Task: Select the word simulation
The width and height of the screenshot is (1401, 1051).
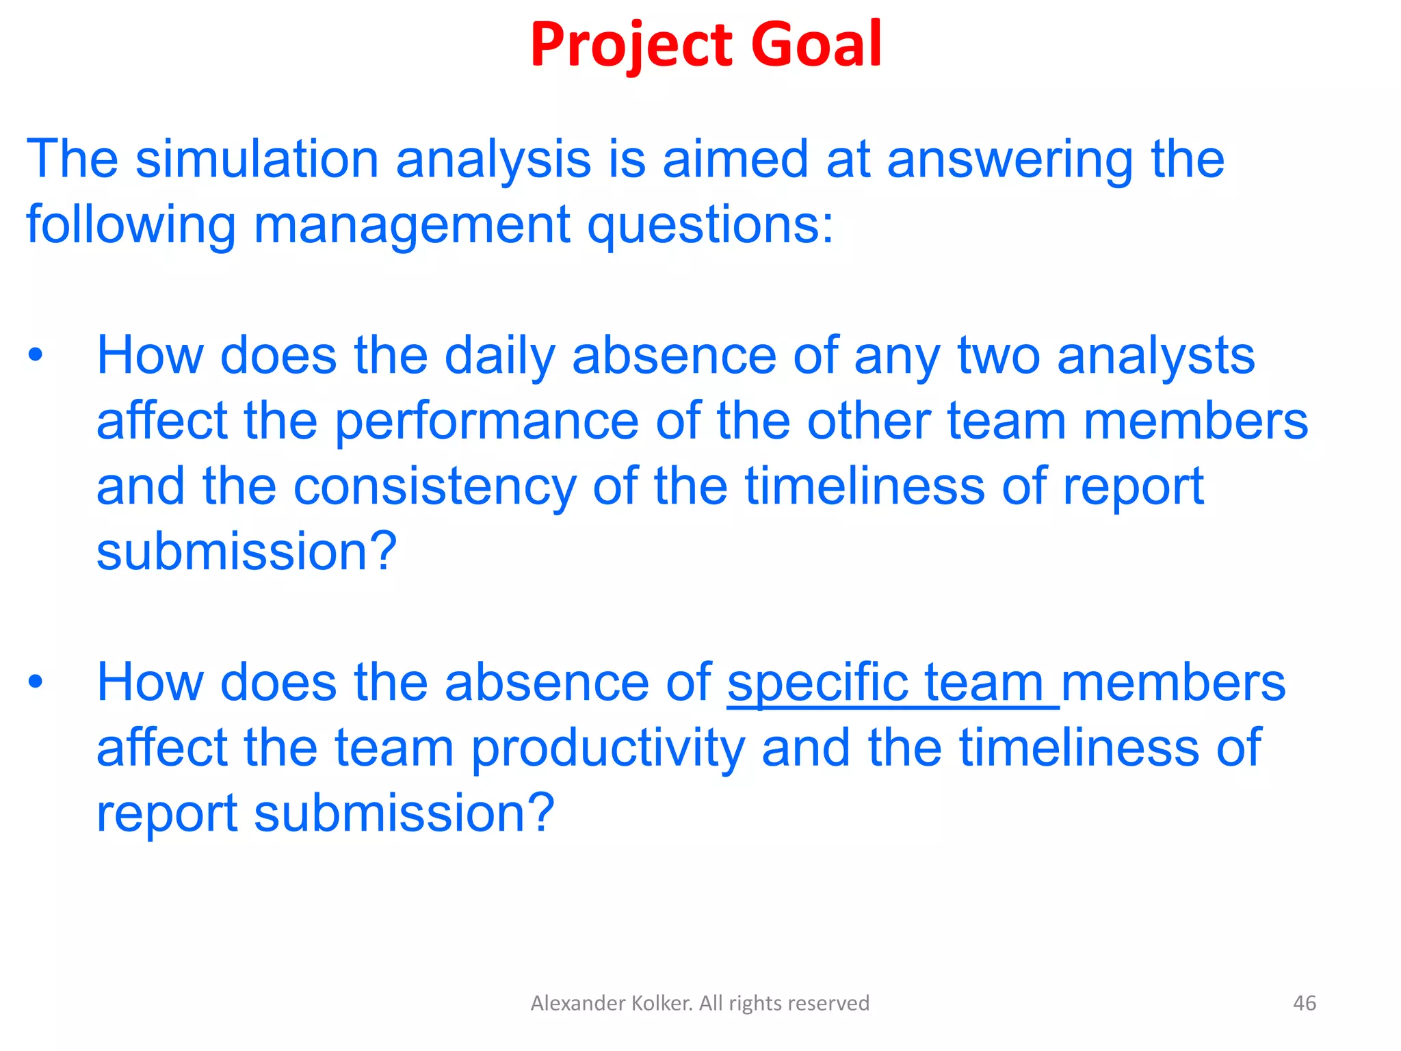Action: coord(257,159)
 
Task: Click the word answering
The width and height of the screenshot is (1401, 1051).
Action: coord(1009,160)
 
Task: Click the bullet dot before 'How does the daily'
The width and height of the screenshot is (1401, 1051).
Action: coord(36,355)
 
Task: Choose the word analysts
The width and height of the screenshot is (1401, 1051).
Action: coord(1155,355)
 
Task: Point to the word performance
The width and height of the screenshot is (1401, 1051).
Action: coord(486,421)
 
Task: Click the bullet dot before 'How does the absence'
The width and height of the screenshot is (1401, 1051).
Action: coord(36,682)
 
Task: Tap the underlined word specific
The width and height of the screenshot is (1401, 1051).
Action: coord(817,683)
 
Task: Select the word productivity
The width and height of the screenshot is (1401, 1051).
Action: coord(608,749)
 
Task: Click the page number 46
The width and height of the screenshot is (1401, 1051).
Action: coord(1305,1003)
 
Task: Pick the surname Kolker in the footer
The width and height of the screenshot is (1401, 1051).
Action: coord(653,1003)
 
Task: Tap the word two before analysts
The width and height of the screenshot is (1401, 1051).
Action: coord(999,355)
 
